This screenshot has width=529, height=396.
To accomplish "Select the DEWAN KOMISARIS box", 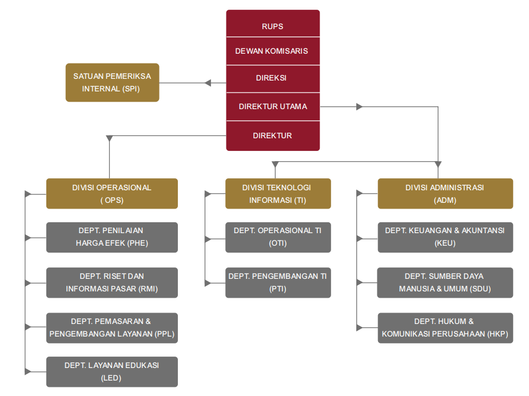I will pyautogui.click(x=273, y=51).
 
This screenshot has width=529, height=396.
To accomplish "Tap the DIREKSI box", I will pyautogui.click(x=273, y=78).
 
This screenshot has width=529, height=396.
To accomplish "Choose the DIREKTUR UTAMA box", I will pyautogui.click(x=273, y=106).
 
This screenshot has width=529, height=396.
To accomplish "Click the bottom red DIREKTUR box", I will pyautogui.click(x=273, y=136).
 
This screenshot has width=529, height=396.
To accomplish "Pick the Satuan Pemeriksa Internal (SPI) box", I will pyautogui.click(x=112, y=82).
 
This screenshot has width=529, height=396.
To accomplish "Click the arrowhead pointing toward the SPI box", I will pyautogui.click(x=208, y=83).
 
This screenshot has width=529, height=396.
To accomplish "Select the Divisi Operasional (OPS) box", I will pyautogui.click(x=112, y=194).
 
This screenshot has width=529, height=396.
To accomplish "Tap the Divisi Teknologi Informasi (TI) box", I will pyautogui.click(x=278, y=194).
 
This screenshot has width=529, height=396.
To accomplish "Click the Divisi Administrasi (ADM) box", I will pyautogui.click(x=445, y=194).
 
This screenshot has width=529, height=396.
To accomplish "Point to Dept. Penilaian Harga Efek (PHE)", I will pyautogui.click(x=112, y=237).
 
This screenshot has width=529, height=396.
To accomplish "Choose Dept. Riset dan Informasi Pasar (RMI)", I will pyautogui.click(x=112, y=282).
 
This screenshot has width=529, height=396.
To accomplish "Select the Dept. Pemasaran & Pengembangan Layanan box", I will pyautogui.click(x=112, y=328).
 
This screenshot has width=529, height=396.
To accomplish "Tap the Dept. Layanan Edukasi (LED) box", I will pyautogui.click(x=112, y=371).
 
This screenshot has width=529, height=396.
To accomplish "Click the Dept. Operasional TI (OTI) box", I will pyautogui.click(x=278, y=237).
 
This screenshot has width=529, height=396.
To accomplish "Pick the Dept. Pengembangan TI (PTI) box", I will pyautogui.click(x=278, y=282).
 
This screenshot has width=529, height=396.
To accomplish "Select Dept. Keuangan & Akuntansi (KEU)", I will pyautogui.click(x=445, y=237).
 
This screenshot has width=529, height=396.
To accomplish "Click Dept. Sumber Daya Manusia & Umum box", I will pyautogui.click(x=445, y=282).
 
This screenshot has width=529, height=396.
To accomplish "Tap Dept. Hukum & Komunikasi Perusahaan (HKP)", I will pyautogui.click(x=445, y=328).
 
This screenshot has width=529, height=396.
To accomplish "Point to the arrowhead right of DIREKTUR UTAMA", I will pyautogui.click(x=359, y=106).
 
